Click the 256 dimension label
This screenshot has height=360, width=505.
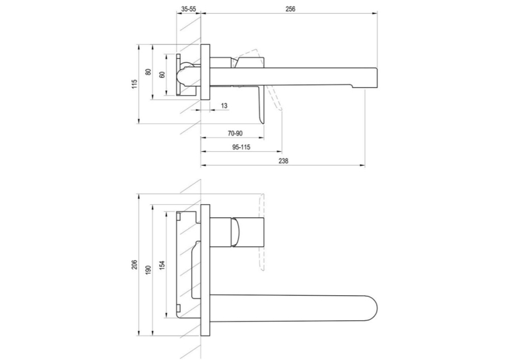point(290,9)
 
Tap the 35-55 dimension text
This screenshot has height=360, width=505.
point(188,9)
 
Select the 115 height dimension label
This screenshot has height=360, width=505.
point(135,84)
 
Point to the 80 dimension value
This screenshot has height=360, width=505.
point(148,72)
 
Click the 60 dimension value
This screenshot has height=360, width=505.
point(162,75)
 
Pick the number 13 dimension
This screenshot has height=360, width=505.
point(224,106)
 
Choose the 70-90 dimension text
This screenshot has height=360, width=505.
point(235,133)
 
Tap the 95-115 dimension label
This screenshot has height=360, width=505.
point(241,147)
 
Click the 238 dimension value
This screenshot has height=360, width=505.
point(283,161)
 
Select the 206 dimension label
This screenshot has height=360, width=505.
point(135,265)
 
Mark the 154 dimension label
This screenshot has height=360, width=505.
point(162,265)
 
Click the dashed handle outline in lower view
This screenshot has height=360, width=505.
point(262,232)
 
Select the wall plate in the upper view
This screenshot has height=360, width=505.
point(205,72)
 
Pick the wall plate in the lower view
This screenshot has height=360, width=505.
point(205,270)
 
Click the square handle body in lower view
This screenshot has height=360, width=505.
point(248,232)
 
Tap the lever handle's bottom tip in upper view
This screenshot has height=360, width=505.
point(263,122)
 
